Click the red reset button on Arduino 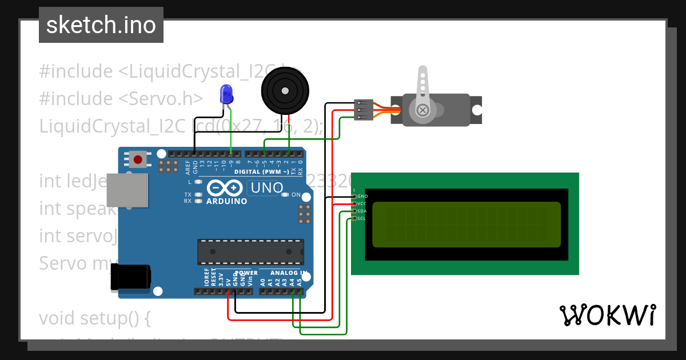coord(137,158)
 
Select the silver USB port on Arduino coord(126,191)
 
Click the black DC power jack coord(130,277)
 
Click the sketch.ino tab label coord(101,25)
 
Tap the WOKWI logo coord(607,315)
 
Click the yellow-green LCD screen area coord(466,224)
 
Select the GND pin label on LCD coord(362,197)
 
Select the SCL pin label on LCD coord(361,218)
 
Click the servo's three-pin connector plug coord(364,110)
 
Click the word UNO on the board coord(267,188)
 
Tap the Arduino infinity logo coord(226,188)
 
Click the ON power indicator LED coord(285,195)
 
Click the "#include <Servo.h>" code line coord(121,98)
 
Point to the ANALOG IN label coord(289,273)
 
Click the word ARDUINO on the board coord(227,201)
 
